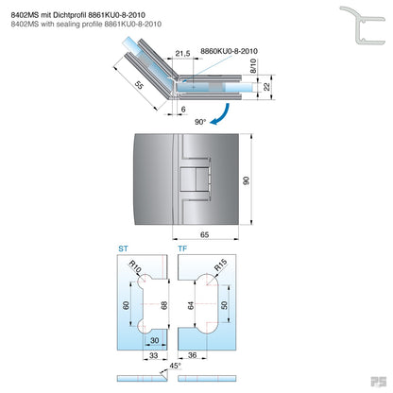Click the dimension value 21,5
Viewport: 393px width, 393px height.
(182, 55)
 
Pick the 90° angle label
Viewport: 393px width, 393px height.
(199, 122)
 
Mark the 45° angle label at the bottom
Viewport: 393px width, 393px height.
(175, 365)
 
